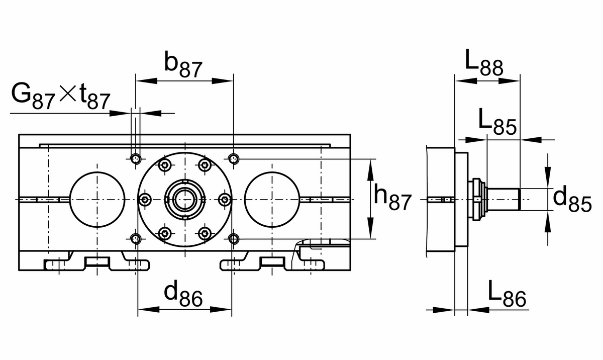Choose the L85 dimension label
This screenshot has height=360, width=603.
496,122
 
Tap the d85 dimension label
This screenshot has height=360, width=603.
572,199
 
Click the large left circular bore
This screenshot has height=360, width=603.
97,199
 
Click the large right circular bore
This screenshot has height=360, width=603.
272,199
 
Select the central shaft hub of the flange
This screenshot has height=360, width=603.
185,199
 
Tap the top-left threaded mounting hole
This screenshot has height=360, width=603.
136,160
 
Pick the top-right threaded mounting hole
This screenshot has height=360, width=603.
233,160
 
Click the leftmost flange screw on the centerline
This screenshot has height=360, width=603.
145,200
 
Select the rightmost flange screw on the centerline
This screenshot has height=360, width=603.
225,200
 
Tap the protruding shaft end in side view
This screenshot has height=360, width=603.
504,199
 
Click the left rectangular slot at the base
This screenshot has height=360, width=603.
97,261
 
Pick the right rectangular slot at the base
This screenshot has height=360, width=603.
272,261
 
